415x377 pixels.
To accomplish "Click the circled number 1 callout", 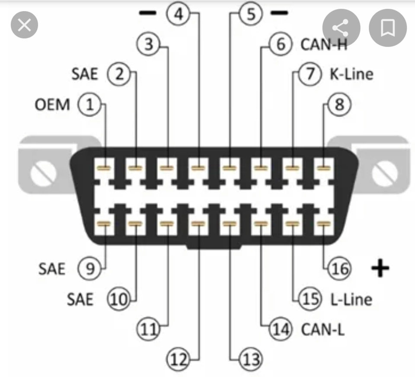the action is tap(89, 104).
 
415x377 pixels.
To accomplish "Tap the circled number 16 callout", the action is tap(340, 269).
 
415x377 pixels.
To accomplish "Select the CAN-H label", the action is tap(324, 44).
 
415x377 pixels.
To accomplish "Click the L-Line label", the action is tap(351, 300).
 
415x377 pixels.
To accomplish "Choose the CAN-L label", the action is tap(323, 329).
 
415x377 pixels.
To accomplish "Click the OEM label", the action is tap(52, 105).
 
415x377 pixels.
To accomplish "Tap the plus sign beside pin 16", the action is tap(380, 268).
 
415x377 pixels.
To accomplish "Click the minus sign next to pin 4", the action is tap(148, 13).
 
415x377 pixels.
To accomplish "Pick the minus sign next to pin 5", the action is tap(279, 13).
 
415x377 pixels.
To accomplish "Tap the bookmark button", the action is tap(388, 28).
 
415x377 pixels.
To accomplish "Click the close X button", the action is tap(24, 25).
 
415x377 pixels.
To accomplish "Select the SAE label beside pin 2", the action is tap(85, 74).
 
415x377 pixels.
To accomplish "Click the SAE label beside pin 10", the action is tap(80, 300).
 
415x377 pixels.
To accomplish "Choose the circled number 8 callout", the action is tap(340, 104).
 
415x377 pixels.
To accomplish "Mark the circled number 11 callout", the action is tap(148, 329).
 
